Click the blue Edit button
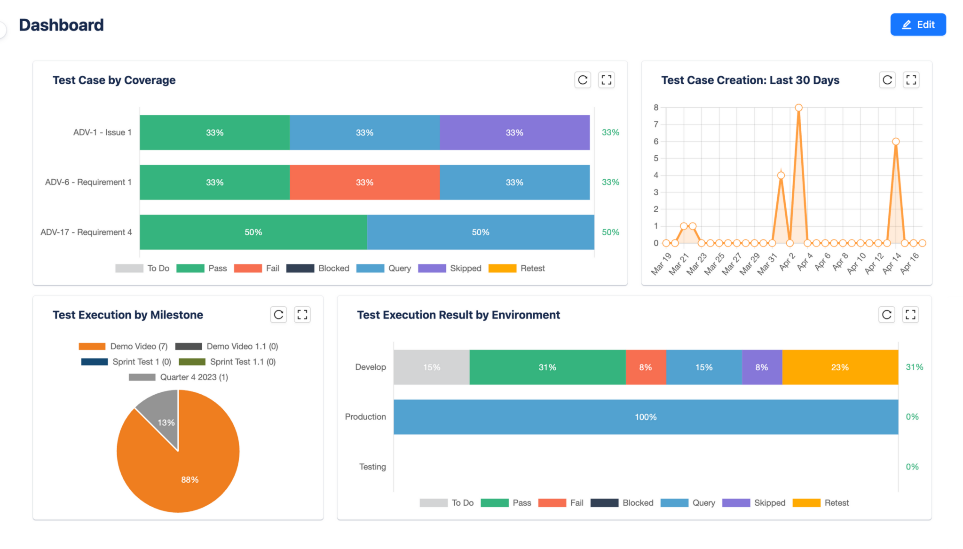[x=918, y=24]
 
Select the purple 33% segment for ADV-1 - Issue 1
[x=514, y=133]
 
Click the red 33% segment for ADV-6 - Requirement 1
[x=364, y=183]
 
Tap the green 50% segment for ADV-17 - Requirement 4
[x=253, y=232]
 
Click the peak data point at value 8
[x=798, y=108]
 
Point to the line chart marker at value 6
[x=896, y=142]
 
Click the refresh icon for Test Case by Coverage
[x=583, y=80]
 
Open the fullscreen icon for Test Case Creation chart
[x=911, y=80]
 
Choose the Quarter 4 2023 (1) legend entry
[x=179, y=377]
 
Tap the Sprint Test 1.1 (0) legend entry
[x=227, y=362]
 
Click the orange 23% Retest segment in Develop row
[x=840, y=367]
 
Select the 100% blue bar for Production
[x=646, y=417]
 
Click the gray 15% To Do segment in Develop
[x=431, y=367]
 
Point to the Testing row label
[x=372, y=467]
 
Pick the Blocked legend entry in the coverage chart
[x=318, y=268]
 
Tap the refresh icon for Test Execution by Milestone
[x=278, y=315]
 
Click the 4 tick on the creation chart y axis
[x=656, y=175]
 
